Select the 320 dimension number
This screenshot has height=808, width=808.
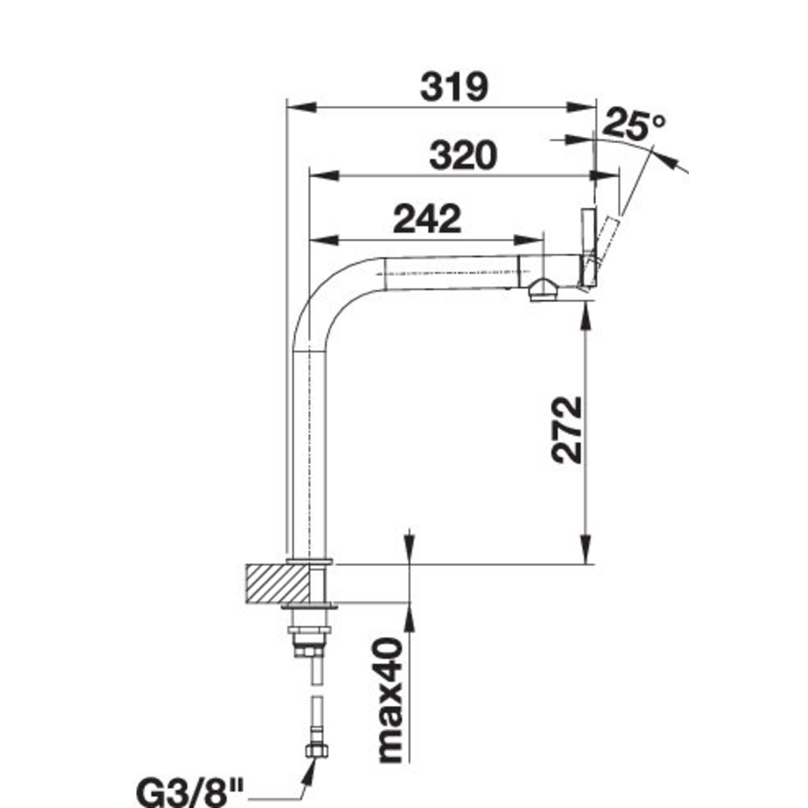[463, 155]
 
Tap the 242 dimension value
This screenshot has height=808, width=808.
[428, 218]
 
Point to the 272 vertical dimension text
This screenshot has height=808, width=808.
[567, 429]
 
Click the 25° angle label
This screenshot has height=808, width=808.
[633, 126]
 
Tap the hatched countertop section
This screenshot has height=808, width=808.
[277, 583]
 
